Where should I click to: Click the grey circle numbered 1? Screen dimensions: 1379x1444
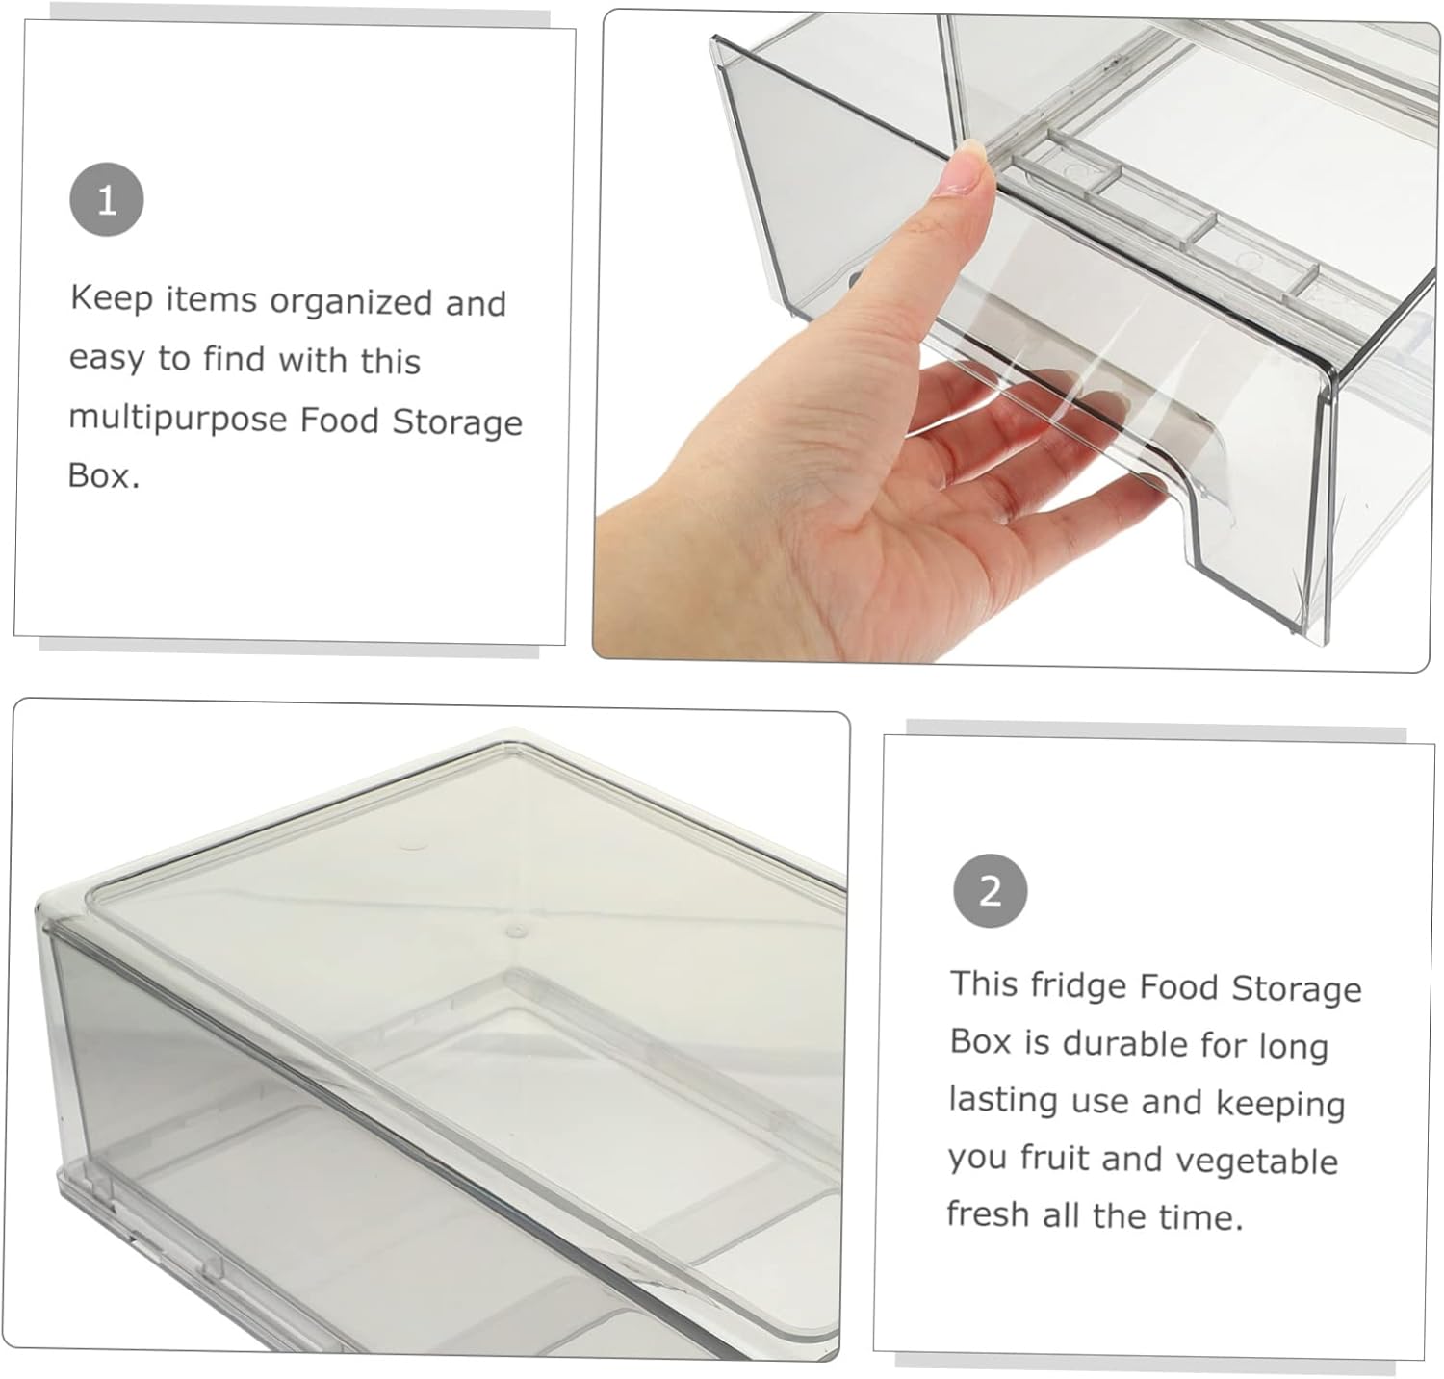click(107, 200)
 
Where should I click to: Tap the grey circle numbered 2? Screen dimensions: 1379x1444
click(990, 890)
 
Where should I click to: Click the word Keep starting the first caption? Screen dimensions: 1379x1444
click(111, 297)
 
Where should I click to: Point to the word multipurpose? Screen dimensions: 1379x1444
click(177, 419)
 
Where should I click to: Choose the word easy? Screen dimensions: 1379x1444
click(106, 358)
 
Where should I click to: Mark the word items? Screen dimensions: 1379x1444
click(211, 299)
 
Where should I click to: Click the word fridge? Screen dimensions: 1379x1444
click(1077, 985)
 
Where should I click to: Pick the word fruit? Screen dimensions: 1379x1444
click(1055, 1158)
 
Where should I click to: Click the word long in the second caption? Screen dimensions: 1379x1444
click(1293, 1046)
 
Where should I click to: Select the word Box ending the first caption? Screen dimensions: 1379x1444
click(100, 475)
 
